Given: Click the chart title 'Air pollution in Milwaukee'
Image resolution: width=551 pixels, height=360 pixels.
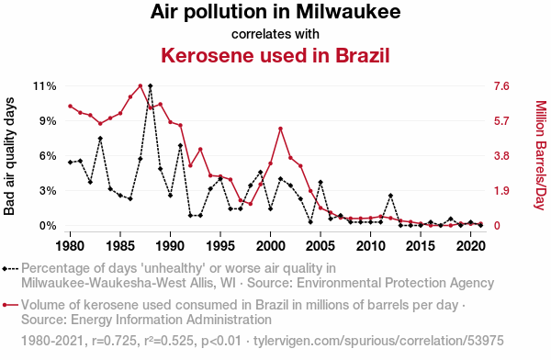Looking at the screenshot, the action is tap(275, 12).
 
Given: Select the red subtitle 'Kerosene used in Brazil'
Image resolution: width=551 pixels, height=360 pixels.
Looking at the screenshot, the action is tap(275, 55).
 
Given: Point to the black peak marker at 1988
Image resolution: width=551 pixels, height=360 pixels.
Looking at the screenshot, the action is tap(151, 85).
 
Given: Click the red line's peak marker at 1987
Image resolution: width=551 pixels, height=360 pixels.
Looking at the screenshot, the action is tap(141, 85).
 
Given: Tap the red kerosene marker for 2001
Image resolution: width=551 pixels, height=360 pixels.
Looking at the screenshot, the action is tap(280, 129).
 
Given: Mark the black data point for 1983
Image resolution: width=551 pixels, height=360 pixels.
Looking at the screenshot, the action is tap(100, 139).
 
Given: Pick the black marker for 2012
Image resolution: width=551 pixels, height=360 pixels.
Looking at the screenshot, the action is tap(390, 196).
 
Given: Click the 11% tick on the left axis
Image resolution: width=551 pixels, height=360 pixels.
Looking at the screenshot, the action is tap(45, 86).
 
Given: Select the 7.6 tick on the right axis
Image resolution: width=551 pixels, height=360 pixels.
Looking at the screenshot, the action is tap(501, 86).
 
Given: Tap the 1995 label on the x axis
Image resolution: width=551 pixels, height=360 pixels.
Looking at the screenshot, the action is tap(220, 246).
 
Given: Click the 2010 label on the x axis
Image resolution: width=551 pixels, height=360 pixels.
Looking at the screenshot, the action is tap(370, 246).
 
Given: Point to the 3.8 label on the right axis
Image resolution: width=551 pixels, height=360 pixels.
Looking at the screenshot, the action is tap(501, 156).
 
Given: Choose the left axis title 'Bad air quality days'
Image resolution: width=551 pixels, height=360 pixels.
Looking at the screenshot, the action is tap(9, 156).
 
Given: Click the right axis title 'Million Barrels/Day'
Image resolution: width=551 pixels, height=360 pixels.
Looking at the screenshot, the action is tap(541, 155).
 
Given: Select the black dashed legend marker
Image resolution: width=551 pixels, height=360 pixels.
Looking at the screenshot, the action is tap(10, 269).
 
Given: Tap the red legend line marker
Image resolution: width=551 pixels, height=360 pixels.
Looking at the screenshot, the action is tap(10, 305).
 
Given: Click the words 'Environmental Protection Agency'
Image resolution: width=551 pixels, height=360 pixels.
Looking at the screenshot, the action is tap(371, 283).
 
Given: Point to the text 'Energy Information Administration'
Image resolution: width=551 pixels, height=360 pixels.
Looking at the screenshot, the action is tap(171, 320).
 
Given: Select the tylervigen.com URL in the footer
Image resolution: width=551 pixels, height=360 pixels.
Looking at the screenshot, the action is tap(378, 341).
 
